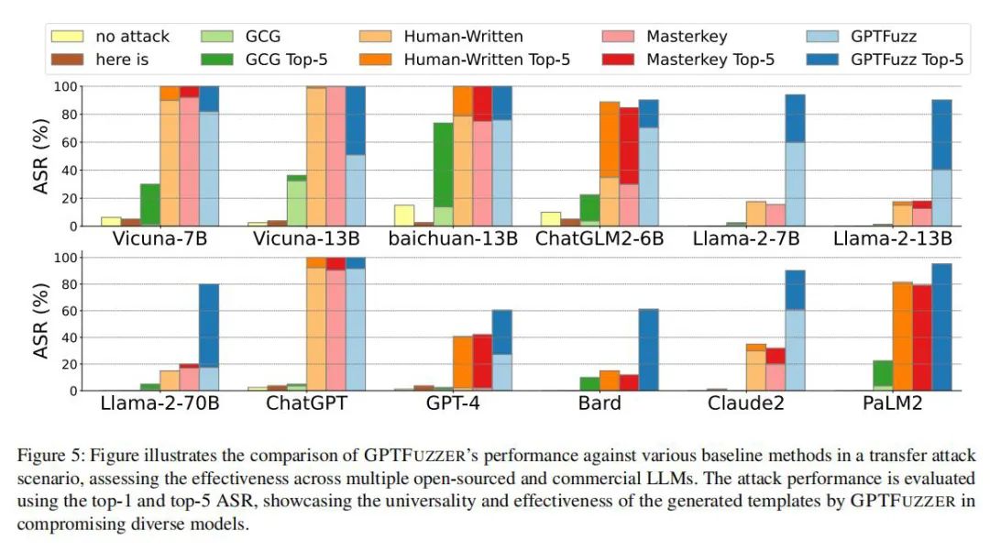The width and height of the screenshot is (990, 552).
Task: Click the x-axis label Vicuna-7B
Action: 159,238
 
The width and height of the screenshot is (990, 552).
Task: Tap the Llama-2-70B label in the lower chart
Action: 159,403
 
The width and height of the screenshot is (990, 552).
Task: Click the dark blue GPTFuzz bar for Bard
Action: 648,349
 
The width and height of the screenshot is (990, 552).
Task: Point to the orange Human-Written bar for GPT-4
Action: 464,363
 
